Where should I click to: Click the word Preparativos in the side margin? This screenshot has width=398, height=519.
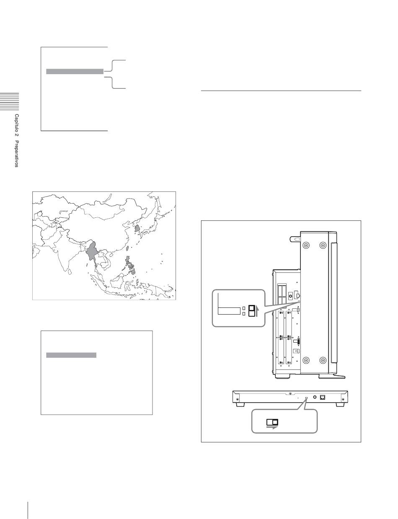click(x=16, y=154)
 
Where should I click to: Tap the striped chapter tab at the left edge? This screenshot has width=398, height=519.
click(x=9, y=101)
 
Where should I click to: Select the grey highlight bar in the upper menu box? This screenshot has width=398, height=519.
click(x=75, y=71)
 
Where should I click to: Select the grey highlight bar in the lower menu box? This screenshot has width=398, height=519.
click(x=71, y=355)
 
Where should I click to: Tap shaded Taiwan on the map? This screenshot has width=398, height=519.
click(x=127, y=248)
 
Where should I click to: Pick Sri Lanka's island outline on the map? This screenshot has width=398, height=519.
click(x=70, y=272)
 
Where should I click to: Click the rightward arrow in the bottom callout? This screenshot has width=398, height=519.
click(x=272, y=428)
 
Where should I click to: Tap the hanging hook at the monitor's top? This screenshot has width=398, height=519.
click(x=295, y=239)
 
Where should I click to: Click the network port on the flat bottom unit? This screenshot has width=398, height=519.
click(x=323, y=397)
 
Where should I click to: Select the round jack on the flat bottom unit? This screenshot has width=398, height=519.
click(x=315, y=397)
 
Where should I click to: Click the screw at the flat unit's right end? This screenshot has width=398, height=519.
click(x=343, y=399)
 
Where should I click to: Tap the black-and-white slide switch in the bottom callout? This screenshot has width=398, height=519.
click(x=272, y=422)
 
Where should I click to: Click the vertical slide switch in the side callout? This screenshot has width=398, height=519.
click(x=252, y=311)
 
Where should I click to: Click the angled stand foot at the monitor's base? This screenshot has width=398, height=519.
click(x=332, y=377)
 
